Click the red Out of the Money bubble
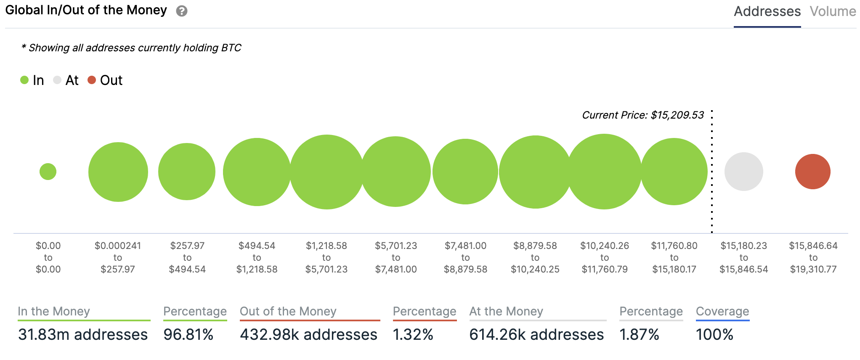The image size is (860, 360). [x=812, y=172]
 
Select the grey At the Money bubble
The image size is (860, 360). [x=743, y=172]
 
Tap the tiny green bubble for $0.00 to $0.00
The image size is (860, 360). [x=48, y=172]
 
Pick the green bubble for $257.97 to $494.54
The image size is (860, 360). [x=187, y=172]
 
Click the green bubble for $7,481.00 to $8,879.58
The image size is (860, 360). [x=465, y=172]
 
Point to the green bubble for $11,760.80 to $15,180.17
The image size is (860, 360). [x=674, y=172]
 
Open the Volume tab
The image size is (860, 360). [x=833, y=11]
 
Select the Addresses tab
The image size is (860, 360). [x=767, y=11]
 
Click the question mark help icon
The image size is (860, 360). [x=182, y=11]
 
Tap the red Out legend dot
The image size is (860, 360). [x=92, y=80]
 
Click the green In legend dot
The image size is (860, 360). [x=24, y=80]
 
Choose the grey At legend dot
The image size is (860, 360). [x=57, y=80]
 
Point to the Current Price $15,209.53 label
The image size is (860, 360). [x=642, y=115]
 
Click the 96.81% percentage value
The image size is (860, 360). [x=188, y=335]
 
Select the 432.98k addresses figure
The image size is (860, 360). [x=308, y=335]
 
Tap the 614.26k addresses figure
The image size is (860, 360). [x=536, y=335]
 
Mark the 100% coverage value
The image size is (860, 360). [x=714, y=335]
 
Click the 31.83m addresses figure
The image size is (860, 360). [x=83, y=335]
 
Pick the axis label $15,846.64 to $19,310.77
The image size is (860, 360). [x=813, y=257]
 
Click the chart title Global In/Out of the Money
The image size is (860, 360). [x=86, y=10]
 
